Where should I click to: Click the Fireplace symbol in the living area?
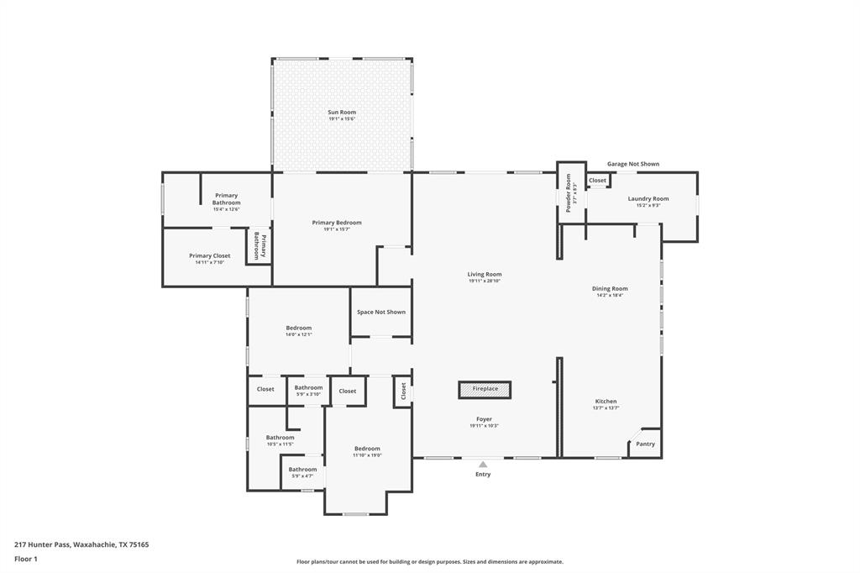[x=485, y=389]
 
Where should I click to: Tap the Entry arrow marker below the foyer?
[x=483, y=464]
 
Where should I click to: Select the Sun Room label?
[x=342, y=112]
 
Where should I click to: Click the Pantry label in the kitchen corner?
[x=645, y=444]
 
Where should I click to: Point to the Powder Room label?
[x=569, y=192]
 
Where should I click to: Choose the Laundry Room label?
[x=648, y=198]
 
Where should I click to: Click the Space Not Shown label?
[x=380, y=312]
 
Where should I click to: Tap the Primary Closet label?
[x=209, y=255]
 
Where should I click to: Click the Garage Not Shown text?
[x=633, y=164]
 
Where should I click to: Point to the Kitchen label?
[x=606, y=402]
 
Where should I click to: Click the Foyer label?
[x=484, y=418]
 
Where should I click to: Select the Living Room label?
[x=485, y=274]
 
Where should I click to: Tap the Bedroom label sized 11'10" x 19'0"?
[x=367, y=449]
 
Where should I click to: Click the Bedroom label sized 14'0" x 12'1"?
[x=298, y=328]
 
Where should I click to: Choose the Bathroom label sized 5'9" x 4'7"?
[x=302, y=470]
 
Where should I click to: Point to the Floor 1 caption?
[x=27, y=559]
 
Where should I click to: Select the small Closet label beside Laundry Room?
[x=597, y=181]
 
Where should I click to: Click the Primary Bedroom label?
[x=337, y=223]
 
